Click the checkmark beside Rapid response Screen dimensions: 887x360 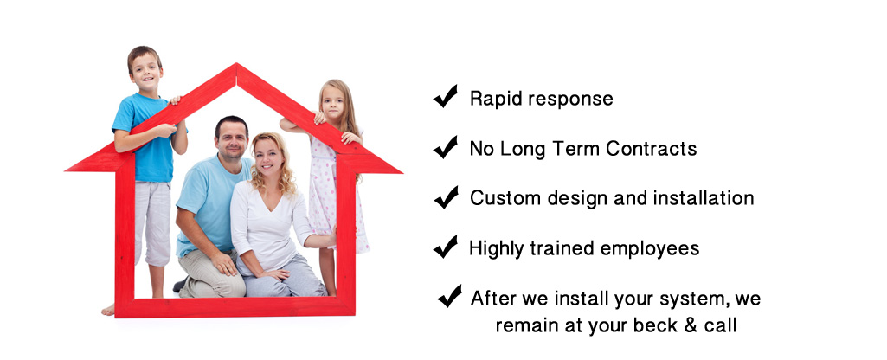coord(446,96)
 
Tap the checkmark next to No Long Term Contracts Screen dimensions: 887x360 coord(446,147)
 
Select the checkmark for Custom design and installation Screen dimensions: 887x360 coord(447,197)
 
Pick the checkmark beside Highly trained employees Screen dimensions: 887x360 coord(446,247)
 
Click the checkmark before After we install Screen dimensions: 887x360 coord(450,296)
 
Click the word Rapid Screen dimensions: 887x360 coord(495,99)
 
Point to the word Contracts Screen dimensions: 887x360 coord(651,149)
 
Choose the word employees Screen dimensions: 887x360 coord(650,249)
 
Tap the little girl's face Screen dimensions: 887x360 coord(332,103)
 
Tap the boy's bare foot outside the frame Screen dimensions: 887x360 coord(108,310)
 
